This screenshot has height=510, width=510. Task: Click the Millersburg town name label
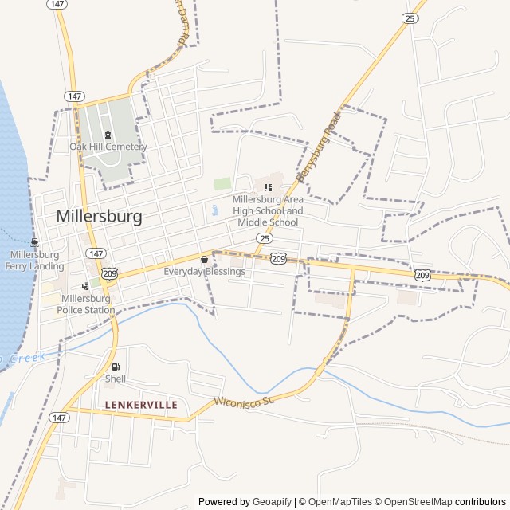[100, 216]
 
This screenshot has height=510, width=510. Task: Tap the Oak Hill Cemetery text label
[108, 147]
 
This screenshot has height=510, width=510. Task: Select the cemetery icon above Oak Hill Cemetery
[108, 135]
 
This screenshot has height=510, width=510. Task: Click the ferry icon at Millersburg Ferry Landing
[34, 242]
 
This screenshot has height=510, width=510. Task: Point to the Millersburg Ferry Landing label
[34, 260]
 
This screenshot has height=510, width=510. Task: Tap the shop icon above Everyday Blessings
[205, 259]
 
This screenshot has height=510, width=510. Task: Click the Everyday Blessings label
[205, 272]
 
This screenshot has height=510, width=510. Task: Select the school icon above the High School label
[268, 187]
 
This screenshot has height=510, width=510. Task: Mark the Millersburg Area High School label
[268, 210]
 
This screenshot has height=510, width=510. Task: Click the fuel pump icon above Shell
[116, 367]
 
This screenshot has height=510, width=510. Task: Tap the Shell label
[116, 379]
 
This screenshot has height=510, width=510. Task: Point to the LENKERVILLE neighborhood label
[141, 405]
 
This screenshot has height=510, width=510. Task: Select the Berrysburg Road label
[318, 145]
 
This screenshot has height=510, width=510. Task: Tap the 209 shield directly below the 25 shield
[278, 258]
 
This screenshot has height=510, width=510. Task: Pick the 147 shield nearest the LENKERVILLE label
[59, 417]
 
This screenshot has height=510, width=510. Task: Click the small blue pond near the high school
[215, 211]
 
